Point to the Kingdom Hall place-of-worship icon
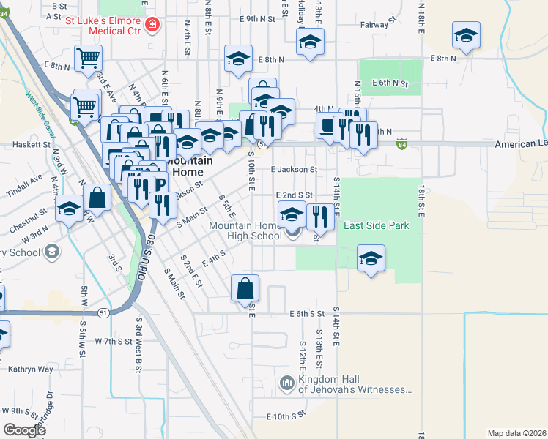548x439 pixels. pos(286,383)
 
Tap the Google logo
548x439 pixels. pos(25,430)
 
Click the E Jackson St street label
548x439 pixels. pos(293,169)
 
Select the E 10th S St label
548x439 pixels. pos(286,415)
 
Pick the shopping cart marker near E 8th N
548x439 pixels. pos(87,59)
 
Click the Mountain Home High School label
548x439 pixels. pos(245,230)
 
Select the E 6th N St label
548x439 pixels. pos(390,83)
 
